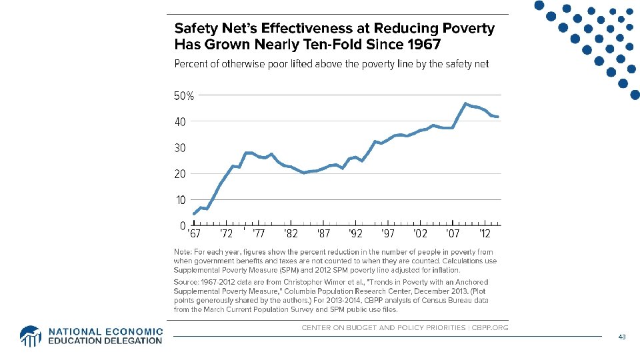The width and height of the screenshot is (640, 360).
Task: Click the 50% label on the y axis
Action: tap(184, 96)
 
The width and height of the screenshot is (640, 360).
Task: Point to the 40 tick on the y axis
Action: tap(180, 122)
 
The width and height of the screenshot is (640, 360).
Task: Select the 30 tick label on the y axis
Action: tap(180, 148)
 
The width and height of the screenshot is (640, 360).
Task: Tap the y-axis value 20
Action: tap(180, 174)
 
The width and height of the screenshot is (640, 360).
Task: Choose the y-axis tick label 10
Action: tap(180, 200)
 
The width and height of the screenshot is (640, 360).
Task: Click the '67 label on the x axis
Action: tap(193, 234)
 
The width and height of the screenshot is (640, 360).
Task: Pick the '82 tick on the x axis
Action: tap(291, 234)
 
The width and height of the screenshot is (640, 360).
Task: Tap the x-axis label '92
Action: tap(355, 234)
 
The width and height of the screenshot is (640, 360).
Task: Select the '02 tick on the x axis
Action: tap(421, 234)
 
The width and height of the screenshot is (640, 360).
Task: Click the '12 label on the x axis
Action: tap(485, 234)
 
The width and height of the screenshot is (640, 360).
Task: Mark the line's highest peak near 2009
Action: tap(465, 104)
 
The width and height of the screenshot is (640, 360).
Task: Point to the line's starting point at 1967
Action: tap(193, 214)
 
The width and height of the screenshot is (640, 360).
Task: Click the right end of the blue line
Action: tap(498, 117)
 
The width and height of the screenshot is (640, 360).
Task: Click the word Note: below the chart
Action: tap(183, 252)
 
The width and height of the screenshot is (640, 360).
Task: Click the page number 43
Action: tap(621, 337)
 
